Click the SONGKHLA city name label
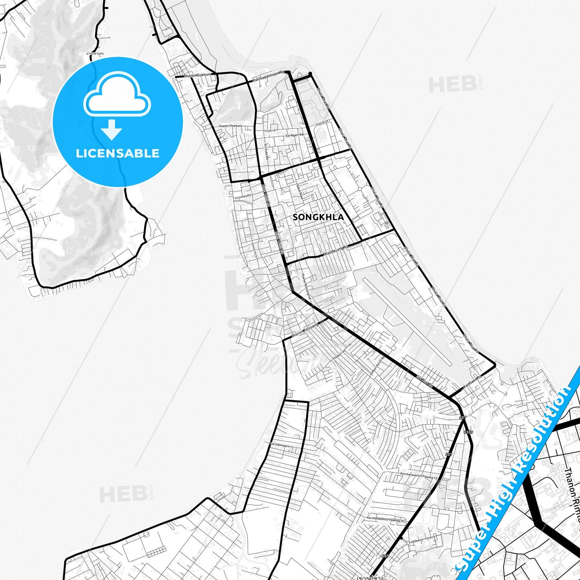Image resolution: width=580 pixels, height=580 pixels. coord(318,217)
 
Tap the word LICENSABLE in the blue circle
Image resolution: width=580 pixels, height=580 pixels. coord(118,153)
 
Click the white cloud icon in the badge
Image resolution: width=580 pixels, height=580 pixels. coord(117,96)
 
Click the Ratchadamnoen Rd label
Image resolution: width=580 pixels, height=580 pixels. coord(268,77)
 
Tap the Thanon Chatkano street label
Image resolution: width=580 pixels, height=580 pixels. coord(230,126)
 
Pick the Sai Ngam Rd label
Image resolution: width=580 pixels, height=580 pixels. coord(294,136)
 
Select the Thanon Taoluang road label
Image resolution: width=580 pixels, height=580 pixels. coord(304,330)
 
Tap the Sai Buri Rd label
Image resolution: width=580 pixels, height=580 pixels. coord(425,381)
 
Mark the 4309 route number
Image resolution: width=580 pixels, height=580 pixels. coord(468,432)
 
